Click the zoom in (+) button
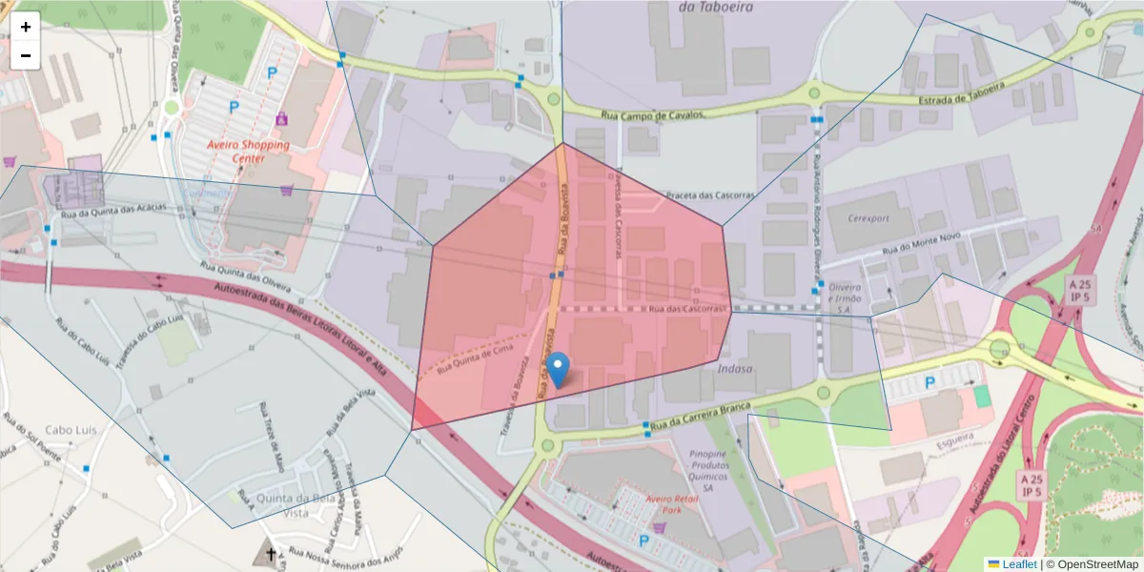click(26, 27)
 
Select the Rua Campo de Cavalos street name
click(653, 115)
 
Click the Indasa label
click(735, 368)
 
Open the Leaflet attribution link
click(1018, 564)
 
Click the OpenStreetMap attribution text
click(1096, 564)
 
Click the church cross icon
click(271, 553)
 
